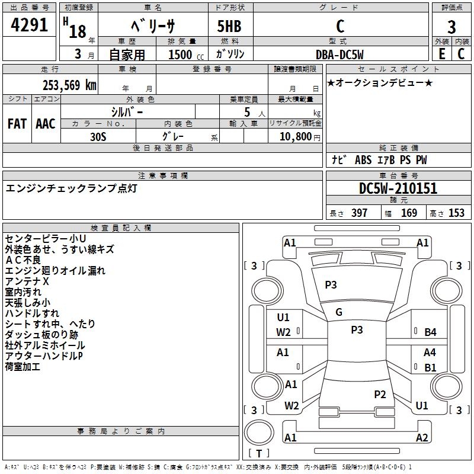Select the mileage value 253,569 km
coord(69,85)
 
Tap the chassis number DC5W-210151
coord(398,188)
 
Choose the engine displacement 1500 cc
coord(180,55)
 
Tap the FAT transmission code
coord(17,123)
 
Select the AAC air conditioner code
coord(45,123)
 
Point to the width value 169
coord(409,213)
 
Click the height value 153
coord(456,213)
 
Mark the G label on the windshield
coord(339,312)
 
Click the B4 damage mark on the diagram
coord(430,332)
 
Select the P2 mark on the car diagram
coord(380,394)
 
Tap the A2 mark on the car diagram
coord(422,438)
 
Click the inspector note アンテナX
coord(27,281)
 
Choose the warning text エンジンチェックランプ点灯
coord(72,188)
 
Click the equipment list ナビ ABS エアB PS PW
coord(379,160)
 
